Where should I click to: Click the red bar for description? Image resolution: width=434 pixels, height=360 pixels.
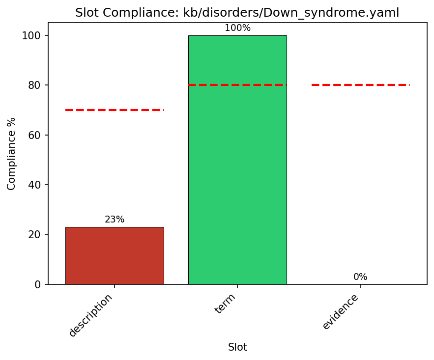pos(115,255)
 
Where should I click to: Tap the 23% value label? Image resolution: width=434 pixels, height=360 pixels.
pos(115,220)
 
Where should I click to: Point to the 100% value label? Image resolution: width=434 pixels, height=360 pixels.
pos(237,28)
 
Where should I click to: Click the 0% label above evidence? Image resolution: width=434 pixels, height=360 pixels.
pos(360,277)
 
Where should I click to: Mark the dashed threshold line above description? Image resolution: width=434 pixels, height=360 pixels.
pos(115,110)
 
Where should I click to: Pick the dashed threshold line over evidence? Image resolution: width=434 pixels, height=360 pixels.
pos(360,85)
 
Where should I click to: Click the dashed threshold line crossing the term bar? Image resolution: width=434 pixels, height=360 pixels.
pos(237,85)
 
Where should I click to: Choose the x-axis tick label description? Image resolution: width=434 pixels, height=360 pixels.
pos(91,315)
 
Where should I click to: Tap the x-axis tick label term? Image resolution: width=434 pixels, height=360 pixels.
pos(226,304)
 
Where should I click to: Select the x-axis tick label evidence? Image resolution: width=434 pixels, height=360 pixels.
pos(341,311)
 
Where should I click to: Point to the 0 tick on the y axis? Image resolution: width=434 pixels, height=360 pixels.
pos(38,284)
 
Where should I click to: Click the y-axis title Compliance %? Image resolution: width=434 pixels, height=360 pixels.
pos(11,153)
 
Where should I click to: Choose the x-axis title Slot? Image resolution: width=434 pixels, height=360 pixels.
pos(237,347)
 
